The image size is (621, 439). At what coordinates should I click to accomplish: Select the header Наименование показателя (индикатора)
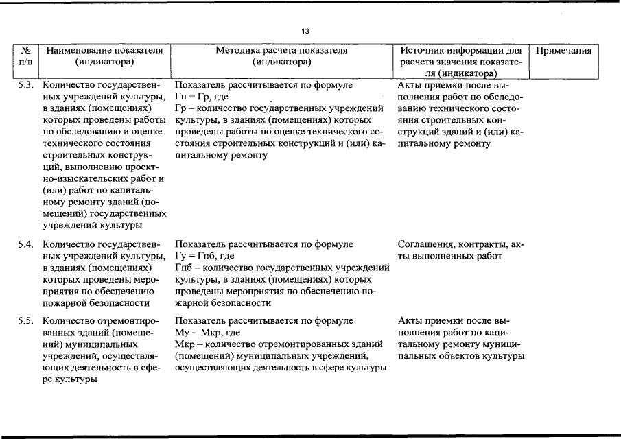point(104,56)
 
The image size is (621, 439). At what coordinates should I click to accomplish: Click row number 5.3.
point(25,86)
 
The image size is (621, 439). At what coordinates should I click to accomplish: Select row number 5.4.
point(25,244)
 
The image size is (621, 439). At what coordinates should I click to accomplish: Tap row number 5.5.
point(25,321)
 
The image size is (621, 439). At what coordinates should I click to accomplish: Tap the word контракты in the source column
point(480,244)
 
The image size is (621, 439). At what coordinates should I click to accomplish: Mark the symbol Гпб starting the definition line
point(184,268)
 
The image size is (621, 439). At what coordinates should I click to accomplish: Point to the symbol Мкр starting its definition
point(185,344)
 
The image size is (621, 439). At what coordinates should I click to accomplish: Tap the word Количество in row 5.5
point(67,321)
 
